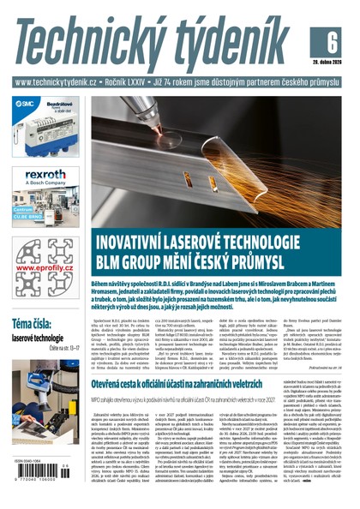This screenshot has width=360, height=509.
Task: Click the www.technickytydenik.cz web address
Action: point(59,84)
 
